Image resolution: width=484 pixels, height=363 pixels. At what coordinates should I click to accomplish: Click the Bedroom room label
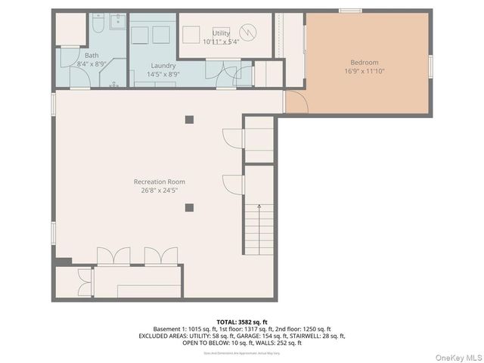tap(365, 62)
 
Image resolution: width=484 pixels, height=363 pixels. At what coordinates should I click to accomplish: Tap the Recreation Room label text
tap(160, 181)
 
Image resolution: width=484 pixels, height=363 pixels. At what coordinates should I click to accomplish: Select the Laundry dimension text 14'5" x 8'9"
tap(163, 74)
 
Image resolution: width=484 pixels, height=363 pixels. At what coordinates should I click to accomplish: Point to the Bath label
tap(92, 55)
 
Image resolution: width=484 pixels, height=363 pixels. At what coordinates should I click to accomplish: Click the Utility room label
tap(221, 33)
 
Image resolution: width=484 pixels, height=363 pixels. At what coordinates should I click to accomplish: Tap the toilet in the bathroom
tap(98, 25)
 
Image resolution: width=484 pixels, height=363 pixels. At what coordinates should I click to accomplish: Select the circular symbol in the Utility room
tap(248, 33)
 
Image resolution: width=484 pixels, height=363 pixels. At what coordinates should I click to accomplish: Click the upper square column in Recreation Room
tap(189, 119)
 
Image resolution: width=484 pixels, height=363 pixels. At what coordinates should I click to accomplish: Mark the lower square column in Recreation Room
tap(189, 207)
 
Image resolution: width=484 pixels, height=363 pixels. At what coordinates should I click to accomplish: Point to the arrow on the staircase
tap(259, 206)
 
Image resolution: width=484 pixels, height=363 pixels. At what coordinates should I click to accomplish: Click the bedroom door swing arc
tap(296, 103)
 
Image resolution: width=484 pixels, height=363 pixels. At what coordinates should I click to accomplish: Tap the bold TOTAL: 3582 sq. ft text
tap(242, 321)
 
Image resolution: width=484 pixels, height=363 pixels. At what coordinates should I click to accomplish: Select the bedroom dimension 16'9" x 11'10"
tap(365, 71)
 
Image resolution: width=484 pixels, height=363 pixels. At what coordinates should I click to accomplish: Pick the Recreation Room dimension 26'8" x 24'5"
tap(160, 191)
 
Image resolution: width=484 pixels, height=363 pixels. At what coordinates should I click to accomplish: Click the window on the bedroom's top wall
tap(350, 11)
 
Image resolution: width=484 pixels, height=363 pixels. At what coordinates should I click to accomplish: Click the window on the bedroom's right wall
tap(430, 66)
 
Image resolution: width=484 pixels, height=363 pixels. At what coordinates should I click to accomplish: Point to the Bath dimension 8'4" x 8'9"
tap(92, 64)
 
